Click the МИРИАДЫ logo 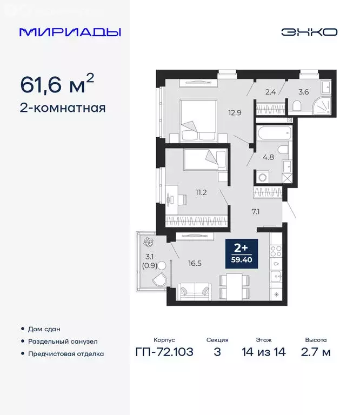[70, 32]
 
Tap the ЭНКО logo [309, 32]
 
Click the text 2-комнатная [63, 108]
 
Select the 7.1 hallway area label [256, 211]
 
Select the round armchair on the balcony [159, 279]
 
